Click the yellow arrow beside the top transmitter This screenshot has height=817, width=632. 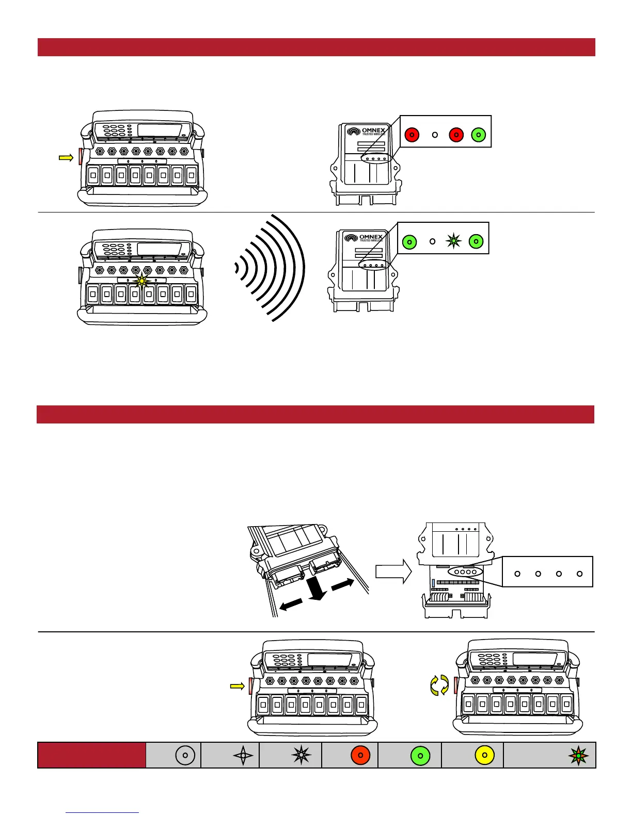pos(66,158)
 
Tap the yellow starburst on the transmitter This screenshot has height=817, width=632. pos(141,281)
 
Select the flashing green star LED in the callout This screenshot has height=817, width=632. pos(453,241)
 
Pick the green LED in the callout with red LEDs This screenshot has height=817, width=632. pos(479,135)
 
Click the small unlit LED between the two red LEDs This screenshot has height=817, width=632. pos(435,135)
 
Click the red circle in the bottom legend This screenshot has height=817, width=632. pos(360,755)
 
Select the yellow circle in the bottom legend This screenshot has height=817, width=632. pos(484,755)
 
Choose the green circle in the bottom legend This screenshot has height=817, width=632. pos(420,756)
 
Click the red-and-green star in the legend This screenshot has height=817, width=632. pos(578,756)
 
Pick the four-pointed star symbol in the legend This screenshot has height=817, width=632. pos(243,756)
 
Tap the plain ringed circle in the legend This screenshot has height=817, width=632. pos(185,755)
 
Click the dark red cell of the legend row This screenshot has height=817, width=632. pos(91,755)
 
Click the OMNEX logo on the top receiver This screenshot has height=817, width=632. pos(367,132)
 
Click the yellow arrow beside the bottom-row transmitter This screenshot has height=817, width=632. pos(236,686)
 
